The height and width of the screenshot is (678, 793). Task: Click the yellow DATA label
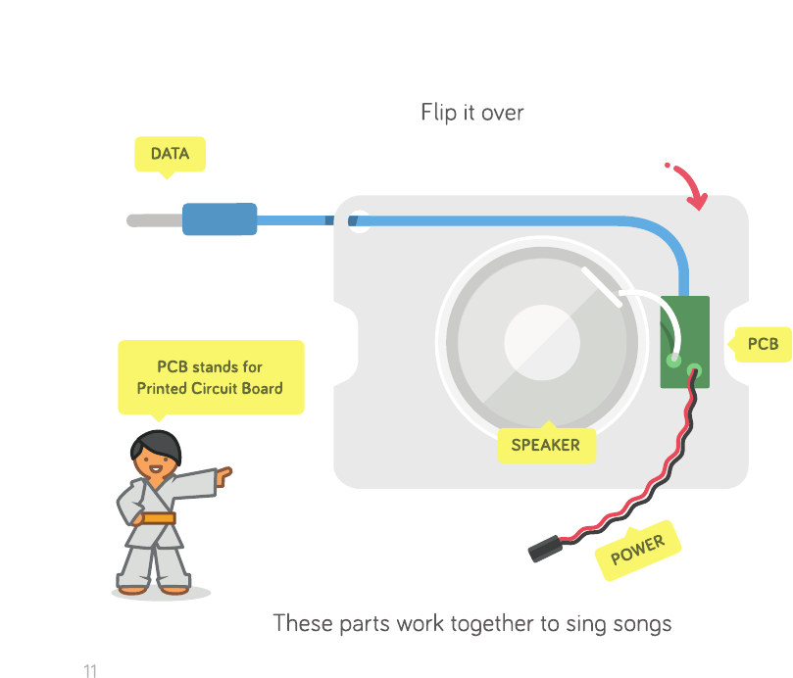click(x=170, y=154)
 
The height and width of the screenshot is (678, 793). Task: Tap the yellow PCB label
click(x=763, y=344)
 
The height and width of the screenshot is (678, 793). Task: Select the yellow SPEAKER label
click(x=545, y=445)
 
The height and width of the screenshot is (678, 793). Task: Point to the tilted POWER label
click(x=638, y=551)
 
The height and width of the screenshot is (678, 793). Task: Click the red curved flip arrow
click(x=689, y=186)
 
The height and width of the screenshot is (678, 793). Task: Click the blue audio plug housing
click(x=220, y=219)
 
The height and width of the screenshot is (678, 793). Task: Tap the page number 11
click(x=90, y=671)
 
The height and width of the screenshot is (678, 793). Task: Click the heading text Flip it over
click(x=472, y=113)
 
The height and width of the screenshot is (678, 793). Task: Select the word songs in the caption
click(x=641, y=623)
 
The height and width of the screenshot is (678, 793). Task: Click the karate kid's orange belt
click(x=157, y=518)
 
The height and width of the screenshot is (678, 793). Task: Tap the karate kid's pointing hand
click(x=224, y=475)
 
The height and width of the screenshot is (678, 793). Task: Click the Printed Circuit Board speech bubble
click(x=210, y=377)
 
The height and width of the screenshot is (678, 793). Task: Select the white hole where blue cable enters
click(x=360, y=220)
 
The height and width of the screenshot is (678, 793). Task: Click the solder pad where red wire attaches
click(x=695, y=370)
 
